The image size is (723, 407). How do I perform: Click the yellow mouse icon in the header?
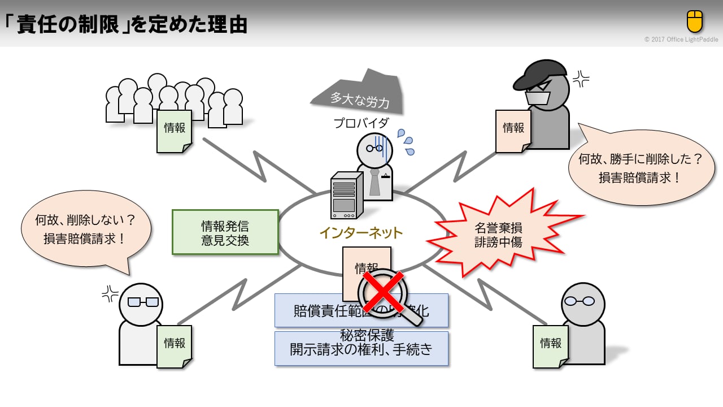click(x=695, y=21)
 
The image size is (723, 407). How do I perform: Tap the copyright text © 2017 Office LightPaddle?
click(x=681, y=40)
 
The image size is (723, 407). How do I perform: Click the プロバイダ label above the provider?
click(x=361, y=123)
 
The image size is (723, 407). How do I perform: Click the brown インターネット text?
click(x=361, y=233)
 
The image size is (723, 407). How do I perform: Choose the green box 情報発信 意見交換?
click(x=225, y=232)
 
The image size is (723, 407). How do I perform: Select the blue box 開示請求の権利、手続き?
click(x=361, y=349)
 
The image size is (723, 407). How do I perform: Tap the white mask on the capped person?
click(x=537, y=97)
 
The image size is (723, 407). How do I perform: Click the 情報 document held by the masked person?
click(x=513, y=129)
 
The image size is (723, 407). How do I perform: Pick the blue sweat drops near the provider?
click(x=406, y=141)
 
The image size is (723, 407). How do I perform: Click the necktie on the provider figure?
click(x=374, y=182)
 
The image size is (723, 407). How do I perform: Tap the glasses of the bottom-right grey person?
click(x=581, y=301)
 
